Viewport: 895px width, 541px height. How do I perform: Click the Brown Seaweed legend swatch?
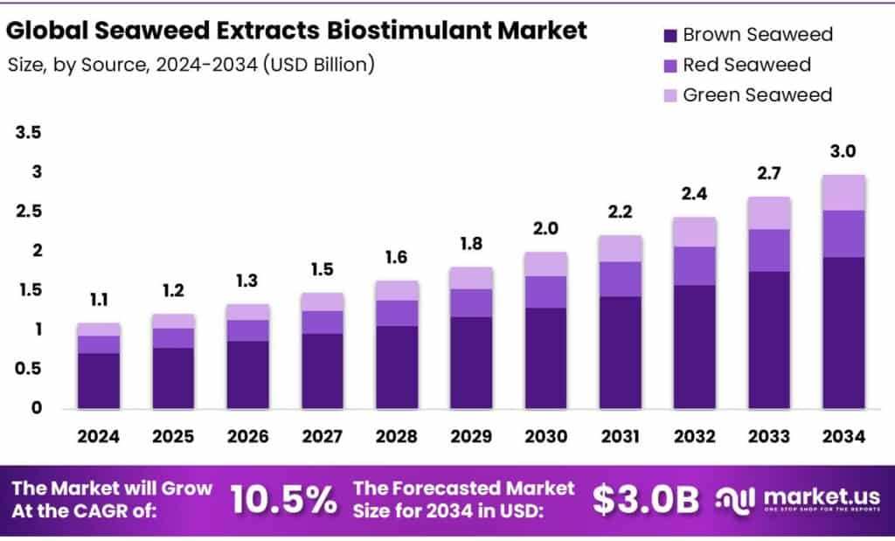[x=670, y=36]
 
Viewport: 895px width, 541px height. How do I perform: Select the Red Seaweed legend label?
[x=746, y=65]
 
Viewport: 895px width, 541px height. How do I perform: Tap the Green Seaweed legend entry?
[x=757, y=94]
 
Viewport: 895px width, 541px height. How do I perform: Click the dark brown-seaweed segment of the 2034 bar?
[x=843, y=332]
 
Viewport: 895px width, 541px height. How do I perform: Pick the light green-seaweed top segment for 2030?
[x=545, y=264]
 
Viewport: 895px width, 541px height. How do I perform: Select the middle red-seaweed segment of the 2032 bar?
[x=695, y=266]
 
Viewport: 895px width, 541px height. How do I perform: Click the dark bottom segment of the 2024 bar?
[x=98, y=380]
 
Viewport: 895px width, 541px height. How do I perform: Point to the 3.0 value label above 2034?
[x=843, y=152]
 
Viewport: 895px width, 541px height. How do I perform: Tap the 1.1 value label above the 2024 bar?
[x=98, y=302]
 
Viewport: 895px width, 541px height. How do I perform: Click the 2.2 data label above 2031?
[x=620, y=212]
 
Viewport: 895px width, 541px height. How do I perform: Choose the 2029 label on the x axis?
[x=470, y=436]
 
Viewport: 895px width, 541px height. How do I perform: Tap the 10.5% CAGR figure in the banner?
[x=283, y=499]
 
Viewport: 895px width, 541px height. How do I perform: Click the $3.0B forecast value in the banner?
[x=645, y=499]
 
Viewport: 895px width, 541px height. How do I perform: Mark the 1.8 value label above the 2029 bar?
[x=470, y=244]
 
